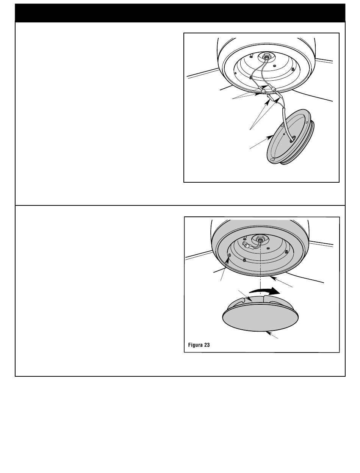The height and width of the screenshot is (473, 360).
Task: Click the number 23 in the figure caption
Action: click(207, 345)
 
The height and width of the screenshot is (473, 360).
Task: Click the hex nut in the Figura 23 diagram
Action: click(260, 238)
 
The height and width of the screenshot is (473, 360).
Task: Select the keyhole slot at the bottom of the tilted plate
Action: click(272, 160)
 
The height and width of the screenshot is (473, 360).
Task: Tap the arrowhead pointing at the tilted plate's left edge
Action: click(269, 137)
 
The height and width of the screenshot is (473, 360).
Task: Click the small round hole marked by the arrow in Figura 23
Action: click(229, 255)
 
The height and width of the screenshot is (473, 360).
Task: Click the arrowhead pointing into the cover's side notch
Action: click(250, 299)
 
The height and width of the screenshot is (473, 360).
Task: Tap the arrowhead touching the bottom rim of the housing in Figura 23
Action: click(273, 278)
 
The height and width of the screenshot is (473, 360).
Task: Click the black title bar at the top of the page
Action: click(180, 13)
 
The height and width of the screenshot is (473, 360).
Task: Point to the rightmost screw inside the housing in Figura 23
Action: click(286, 252)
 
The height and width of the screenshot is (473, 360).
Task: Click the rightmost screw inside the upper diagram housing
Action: click(293, 69)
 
